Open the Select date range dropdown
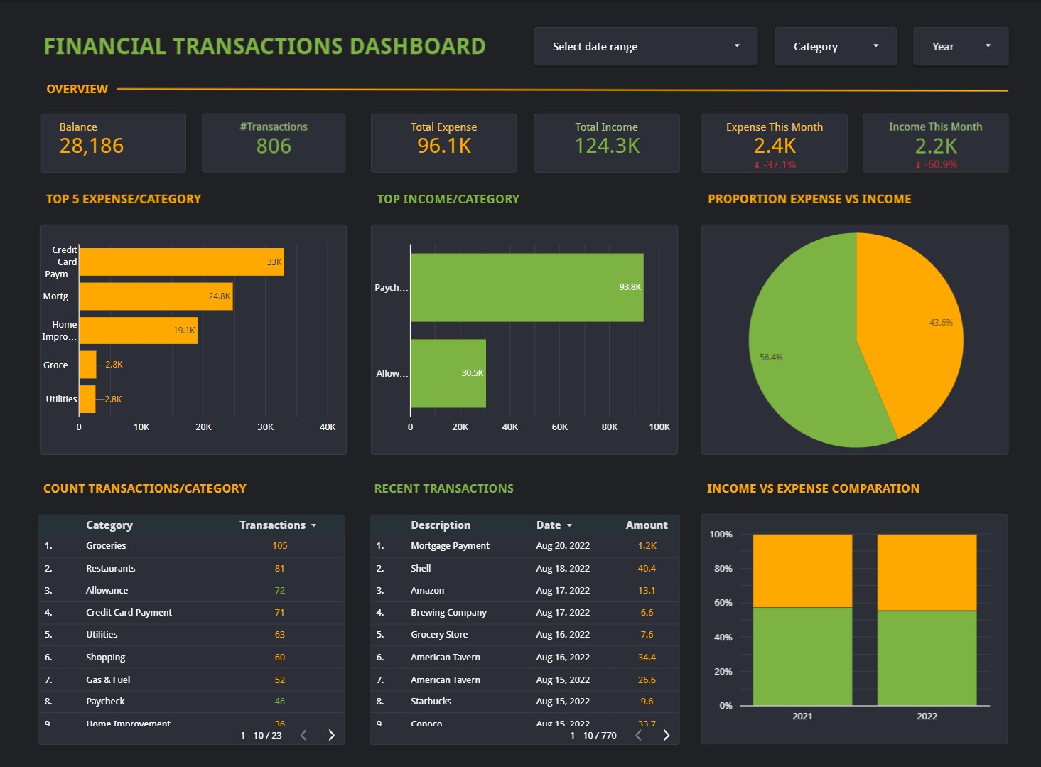point(645,47)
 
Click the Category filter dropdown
point(835,47)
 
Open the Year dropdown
point(960,47)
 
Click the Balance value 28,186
point(92,146)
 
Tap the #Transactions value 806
point(274,146)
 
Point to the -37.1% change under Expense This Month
point(776,165)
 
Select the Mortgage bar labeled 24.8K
point(155,296)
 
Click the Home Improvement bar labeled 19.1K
point(138,331)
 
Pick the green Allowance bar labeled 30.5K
point(448,373)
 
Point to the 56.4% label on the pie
point(771,358)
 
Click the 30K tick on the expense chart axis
point(265,427)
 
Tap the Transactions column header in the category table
point(273,525)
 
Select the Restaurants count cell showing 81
point(279,569)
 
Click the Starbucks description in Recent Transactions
point(431,702)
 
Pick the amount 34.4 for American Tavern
point(647,658)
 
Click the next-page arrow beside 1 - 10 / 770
point(666,735)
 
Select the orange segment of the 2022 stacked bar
point(927,572)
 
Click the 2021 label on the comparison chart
point(802,717)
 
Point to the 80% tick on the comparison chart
point(723,569)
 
